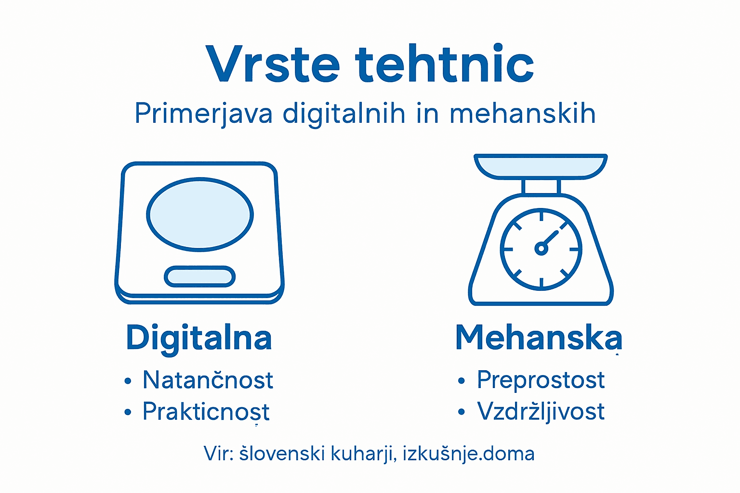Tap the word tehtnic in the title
[445, 64]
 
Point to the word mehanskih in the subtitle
[523, 114]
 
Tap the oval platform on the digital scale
[199, 214]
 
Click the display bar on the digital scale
[199, 277]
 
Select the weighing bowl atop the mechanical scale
[541, 166]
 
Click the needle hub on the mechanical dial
[541, 249]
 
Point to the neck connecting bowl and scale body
[541, 186]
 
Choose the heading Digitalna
[199, 338]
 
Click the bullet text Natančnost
[208, 380]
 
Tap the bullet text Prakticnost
[206, 412]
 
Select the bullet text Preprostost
[541, 380]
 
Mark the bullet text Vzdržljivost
[541, 412]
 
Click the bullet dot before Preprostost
[462, 381]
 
